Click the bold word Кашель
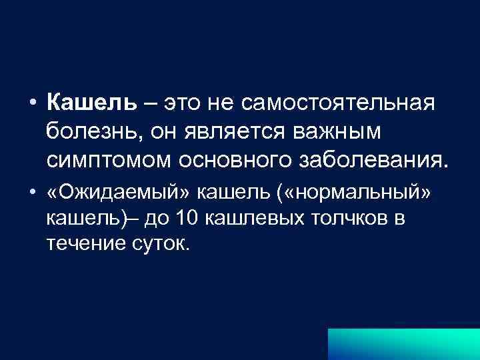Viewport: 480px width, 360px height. click(91, 103)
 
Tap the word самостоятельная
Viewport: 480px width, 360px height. click(338, 103)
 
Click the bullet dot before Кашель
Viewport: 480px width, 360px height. click(32, 104)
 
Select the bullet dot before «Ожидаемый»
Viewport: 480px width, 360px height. click(32, 193)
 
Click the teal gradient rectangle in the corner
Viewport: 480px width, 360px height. click(403, 343)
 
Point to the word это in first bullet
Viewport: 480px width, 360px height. click(188, 103)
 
